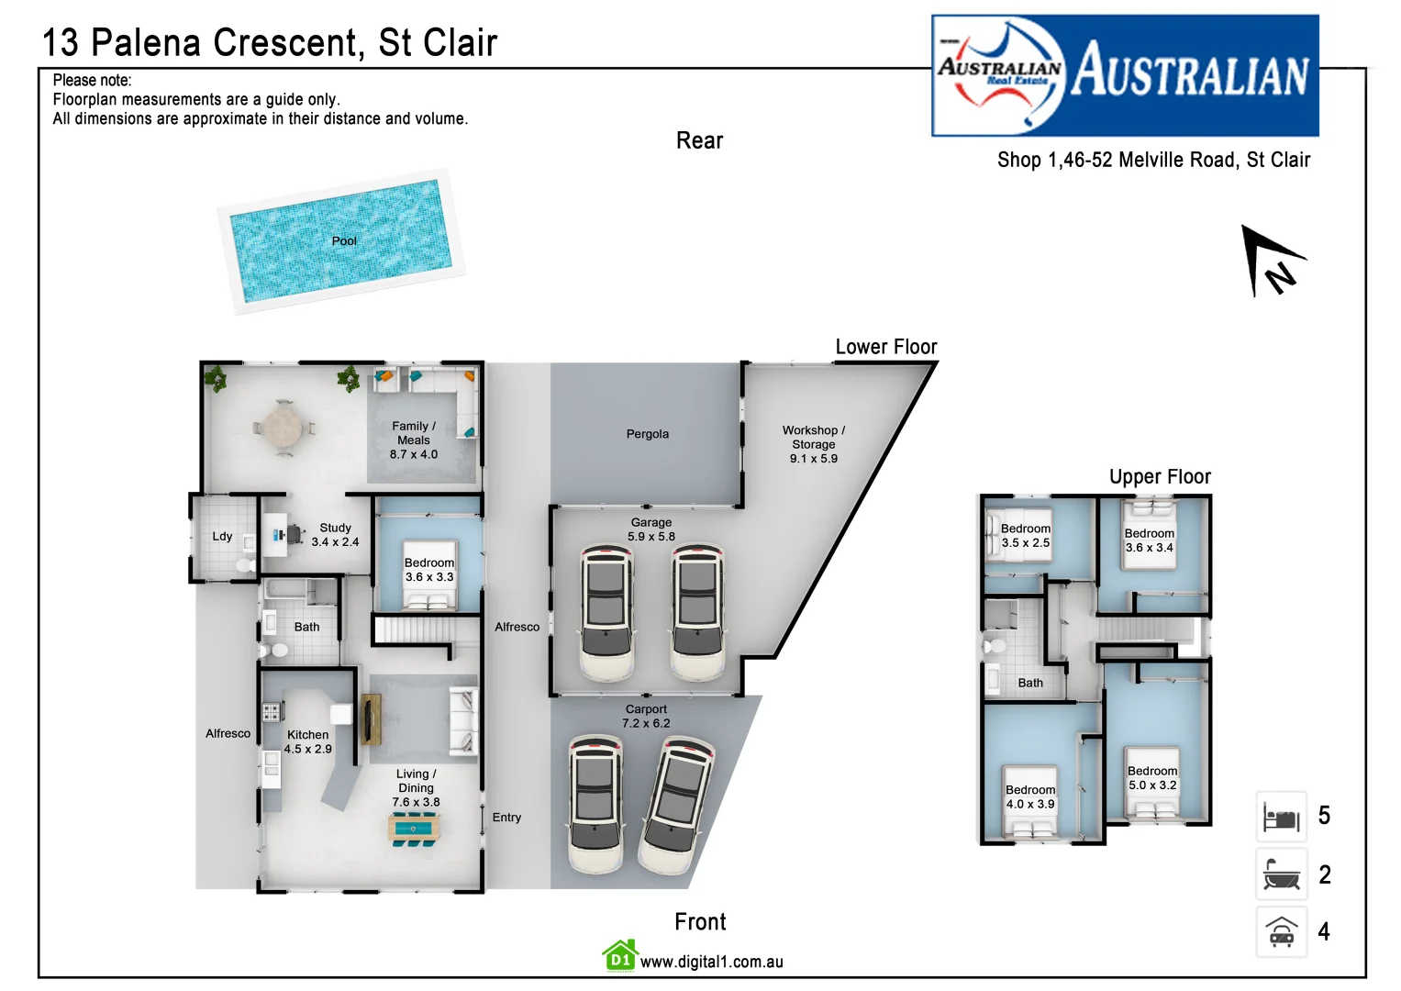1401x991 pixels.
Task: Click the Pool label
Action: click(x=344, y=241)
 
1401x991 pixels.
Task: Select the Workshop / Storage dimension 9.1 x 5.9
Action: click(x=813, y=459)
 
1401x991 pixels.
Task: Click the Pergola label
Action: click(x=647, y=434)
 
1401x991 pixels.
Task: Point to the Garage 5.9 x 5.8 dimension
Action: click(x=650, y=537)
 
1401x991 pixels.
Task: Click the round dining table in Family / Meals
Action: click(x=284, y=428)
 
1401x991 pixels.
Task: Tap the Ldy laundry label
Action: click(x=222, y=537)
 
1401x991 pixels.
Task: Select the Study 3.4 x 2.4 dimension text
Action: click(x=335, y=542)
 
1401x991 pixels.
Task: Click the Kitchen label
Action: click(x=307, y=735)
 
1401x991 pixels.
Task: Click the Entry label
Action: click(x=506, y=818)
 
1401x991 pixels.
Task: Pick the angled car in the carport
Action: click(x=677, y=805)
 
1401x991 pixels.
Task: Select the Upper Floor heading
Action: click(x=1160, y=477)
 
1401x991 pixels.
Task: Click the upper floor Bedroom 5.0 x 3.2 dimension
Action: click(x=1151, y=785)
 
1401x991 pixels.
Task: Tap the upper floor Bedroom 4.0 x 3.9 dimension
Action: click(x=1029, y=805)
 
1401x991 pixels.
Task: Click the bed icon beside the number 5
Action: click(x=1281, y=817)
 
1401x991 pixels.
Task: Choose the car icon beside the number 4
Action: click(x=1281, y=932)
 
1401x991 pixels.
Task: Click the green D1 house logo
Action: click(x=620, y=956)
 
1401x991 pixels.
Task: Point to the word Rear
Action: click(x=699, y=141)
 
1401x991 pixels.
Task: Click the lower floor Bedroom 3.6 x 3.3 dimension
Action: click(x=428, y=577)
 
